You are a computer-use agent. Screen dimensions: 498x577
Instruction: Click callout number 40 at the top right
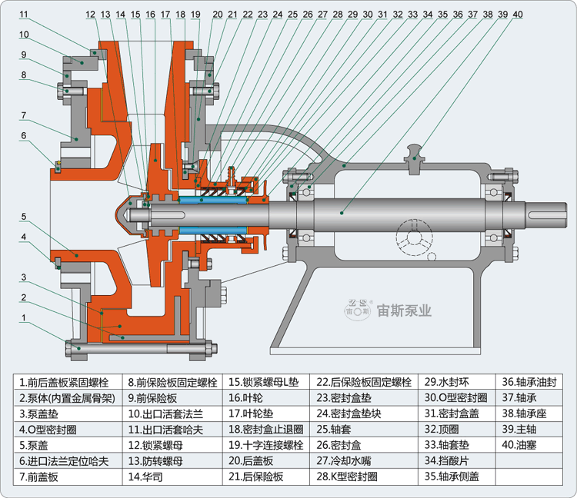pos(517,14)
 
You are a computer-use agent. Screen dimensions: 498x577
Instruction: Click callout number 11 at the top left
pos(24,14)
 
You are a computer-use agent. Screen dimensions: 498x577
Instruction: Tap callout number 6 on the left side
pos(24,136)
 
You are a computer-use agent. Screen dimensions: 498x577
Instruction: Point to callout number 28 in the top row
pos(337,14)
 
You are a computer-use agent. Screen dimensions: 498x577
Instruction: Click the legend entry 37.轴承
pos(522,398)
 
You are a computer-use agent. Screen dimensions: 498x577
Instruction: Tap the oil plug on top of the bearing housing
pos(416,148)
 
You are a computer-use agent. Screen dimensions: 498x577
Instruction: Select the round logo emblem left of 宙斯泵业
pos(357,310)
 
